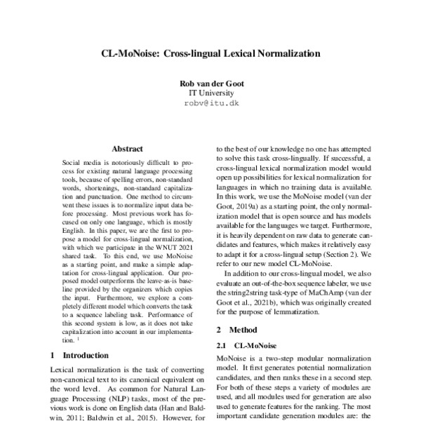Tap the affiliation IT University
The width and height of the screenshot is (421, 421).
pyautogui.click(x=211, y=93)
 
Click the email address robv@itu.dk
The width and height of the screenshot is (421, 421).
pyautogui.click(x=211, y=103)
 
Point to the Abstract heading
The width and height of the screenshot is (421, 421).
pyautogui.click(x=127, y=149)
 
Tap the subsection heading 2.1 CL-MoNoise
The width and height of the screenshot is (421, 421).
pyautogui.click(x=243, y=345)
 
